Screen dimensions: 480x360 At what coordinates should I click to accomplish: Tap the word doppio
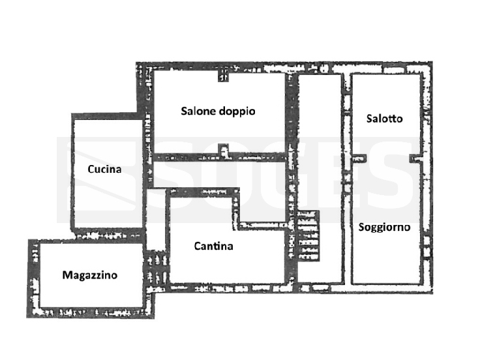click(x=237, y=112)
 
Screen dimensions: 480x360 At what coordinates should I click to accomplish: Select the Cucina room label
click(x=104, y=169)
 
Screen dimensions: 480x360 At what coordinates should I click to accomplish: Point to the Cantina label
click(x=213, y=246)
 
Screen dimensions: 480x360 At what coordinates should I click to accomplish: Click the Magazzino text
click(x=90, y=275)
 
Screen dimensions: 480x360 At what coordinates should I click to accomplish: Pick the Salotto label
click(x=385, y=119)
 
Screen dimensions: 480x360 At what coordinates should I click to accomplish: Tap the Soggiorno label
click(x=384, y=227)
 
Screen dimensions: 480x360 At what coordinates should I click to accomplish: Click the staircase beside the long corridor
click(x=308, y=235)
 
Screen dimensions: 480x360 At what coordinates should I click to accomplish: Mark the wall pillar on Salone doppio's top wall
click(x=223, y=76)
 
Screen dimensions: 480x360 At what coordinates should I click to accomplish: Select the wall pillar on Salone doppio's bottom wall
click(x=223, y=149)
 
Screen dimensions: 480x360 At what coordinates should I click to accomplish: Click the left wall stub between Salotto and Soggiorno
click(x=359, y=158)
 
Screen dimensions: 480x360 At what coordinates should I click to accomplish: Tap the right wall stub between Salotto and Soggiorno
click(x=415, y=158)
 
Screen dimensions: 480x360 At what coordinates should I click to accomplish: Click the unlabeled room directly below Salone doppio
click(x=219, y=175)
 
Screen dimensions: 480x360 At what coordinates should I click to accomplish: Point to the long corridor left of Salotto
click(x=320, y=177)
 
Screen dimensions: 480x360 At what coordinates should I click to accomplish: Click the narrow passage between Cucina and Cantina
click(x=156, y=220)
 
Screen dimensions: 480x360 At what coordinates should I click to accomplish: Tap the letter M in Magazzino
click(x=67, y=275)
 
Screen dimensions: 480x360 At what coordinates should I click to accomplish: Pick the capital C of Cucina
click(x=91, y=169)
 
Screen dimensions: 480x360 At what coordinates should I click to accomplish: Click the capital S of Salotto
click(x=370, y=119)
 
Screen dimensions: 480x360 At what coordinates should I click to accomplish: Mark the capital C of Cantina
click(x=198, y=246)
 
